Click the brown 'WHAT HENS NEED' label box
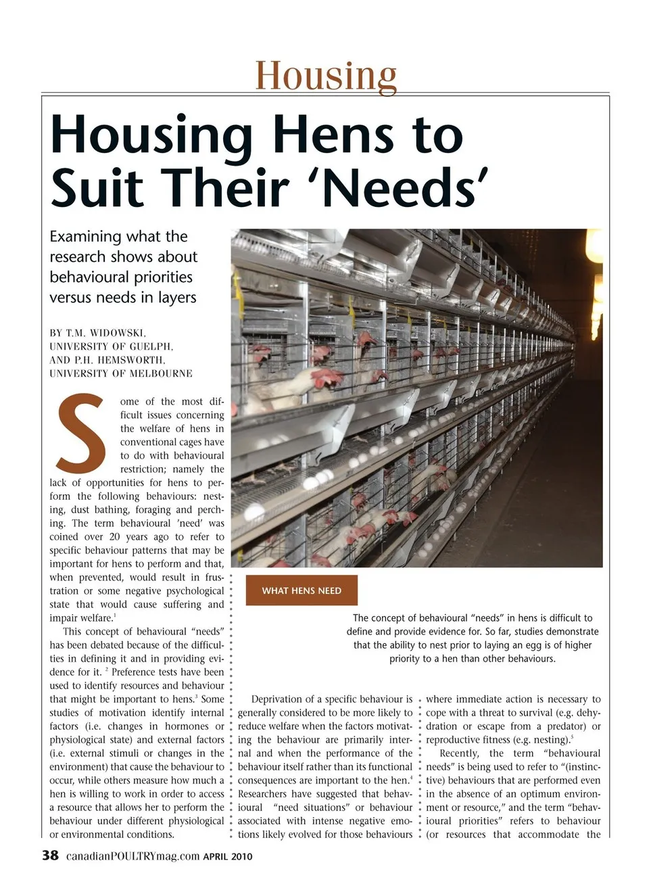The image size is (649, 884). pyautogui.click(x=302, y=590)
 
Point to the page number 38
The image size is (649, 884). pyautogui.click(x=51, y=855)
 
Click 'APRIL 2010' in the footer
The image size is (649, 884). pyautogui.click(x=228, y=856)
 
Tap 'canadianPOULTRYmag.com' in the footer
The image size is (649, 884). pyautogui.click(x=133, y=856)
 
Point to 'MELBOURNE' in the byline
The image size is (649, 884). pyautogui.click(x=161, y=373)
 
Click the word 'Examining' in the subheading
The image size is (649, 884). pyautogui.click(x=85, y=237)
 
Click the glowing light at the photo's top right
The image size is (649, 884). pyautogui.click(x=595, y=247)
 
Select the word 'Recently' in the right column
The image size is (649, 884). pyautogui.click(x=459, y=753)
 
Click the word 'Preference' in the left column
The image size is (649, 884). pyautogui.click(x=143, y=672)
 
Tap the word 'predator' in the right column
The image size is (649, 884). pyautogui.click(x=565, y=726)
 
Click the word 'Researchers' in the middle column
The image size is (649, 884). pyautogui.click(x=266, y=794)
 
